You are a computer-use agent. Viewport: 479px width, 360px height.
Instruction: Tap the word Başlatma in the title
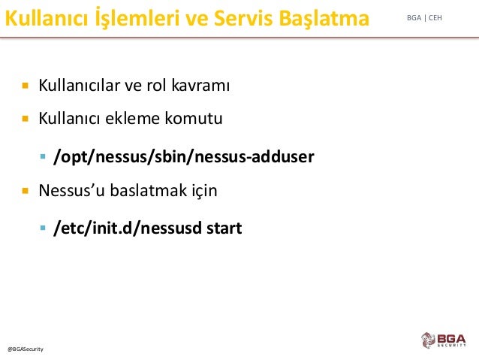click(x=324, y=19)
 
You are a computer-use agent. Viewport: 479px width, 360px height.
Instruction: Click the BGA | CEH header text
click(x=424, y=18)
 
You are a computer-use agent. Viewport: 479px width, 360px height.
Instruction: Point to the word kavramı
click(x=200, y=85)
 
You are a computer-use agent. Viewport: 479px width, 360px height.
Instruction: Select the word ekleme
click(x=132, y=118)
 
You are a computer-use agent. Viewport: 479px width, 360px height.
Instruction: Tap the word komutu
click(x=194, y=118)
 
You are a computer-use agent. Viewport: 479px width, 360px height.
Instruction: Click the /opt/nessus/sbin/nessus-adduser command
click(x=184, y=157)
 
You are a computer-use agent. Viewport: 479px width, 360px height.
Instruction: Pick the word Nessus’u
click(x=72, y=190)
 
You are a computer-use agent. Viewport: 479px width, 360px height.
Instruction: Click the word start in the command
click(x=224, y=228)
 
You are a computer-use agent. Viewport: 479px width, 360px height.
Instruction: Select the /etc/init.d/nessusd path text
click(x=127, y=228)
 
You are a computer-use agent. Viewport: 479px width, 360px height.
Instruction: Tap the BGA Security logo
click(x=444, y=340)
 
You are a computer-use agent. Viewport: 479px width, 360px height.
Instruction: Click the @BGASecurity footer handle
click(x=26, y=349)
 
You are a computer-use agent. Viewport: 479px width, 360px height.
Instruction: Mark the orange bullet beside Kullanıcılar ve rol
click(x=26, y=86)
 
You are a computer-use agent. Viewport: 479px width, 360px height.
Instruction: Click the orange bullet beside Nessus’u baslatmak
click(x=26, y=191)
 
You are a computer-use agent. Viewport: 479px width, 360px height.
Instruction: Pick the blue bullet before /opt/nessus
click(x=43, y=157)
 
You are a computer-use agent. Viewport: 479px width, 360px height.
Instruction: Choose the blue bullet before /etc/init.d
click(x=43, y=228)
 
